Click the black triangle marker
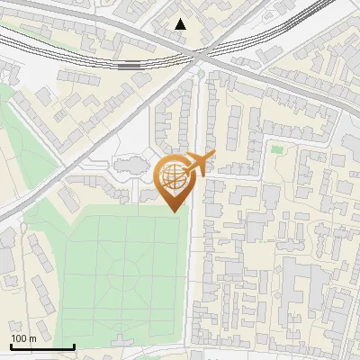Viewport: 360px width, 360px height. click(181, 24)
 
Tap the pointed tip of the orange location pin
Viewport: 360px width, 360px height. click(175, 211)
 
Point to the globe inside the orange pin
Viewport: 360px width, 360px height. click(173, 175)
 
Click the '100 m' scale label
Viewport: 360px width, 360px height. click(22, 338)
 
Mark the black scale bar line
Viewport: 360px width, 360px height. click(42, 346)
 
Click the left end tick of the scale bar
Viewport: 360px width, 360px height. click(11, 346)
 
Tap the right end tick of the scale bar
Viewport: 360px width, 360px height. click(74, 346)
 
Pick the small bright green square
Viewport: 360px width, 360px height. click(276, 148)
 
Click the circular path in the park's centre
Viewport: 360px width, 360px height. click(125, 271)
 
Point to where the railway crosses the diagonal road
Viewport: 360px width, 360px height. click(200, 55)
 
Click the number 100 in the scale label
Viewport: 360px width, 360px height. click(19, 338)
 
